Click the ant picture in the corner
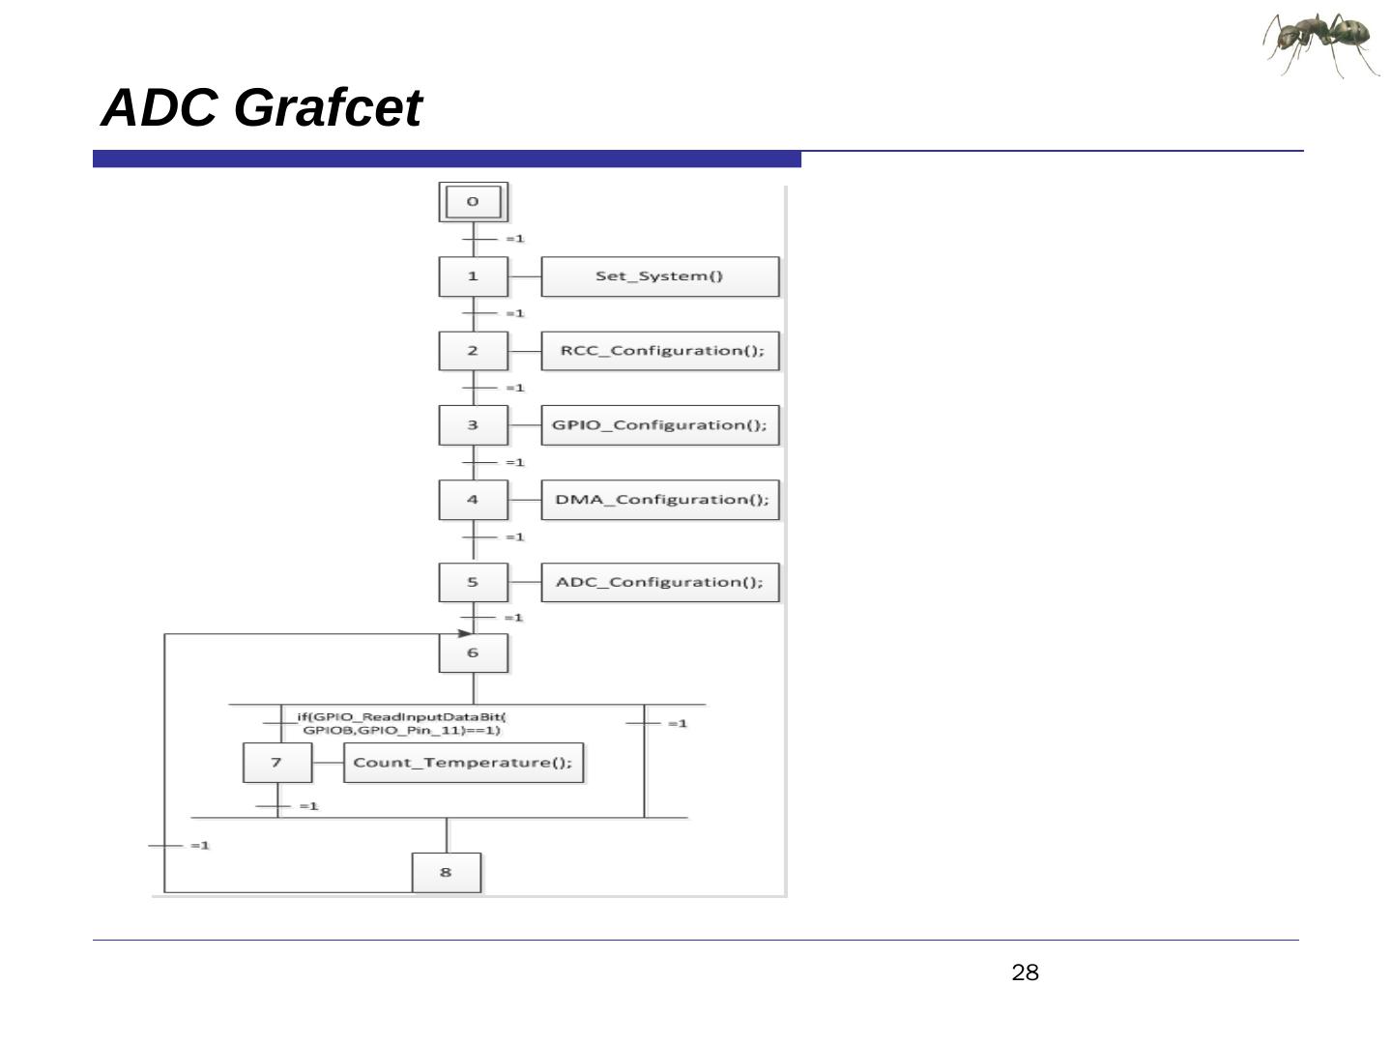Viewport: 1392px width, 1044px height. coord(1321,43)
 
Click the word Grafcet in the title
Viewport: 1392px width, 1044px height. coord(328,107)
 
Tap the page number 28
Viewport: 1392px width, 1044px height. coord(1025,972)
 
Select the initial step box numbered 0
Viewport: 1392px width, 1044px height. coord(473,202)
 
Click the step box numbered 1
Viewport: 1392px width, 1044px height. coord(473,276)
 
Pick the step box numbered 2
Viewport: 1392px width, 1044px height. coord(473,351)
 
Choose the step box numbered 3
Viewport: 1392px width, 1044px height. coord(473,425)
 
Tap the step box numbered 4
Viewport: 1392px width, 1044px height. coord(473,500)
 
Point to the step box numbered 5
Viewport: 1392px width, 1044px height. coord(473,582)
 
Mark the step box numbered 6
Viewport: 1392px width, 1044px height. coord(473,652)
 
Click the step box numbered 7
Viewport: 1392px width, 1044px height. coord(276,763)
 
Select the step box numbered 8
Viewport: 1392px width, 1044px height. coord(446,872)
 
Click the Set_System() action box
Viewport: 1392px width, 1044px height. coord(659,276)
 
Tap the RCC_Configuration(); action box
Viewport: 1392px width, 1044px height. coord(659,351)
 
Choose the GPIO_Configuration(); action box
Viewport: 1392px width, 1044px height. coord(659,425)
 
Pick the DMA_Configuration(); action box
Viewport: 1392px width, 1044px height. coord(659,500)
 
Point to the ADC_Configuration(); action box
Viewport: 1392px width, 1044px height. coord(659,582)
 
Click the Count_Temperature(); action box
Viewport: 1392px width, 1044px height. coord(463,763)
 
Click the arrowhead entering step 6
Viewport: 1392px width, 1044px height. coord(465,633)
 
